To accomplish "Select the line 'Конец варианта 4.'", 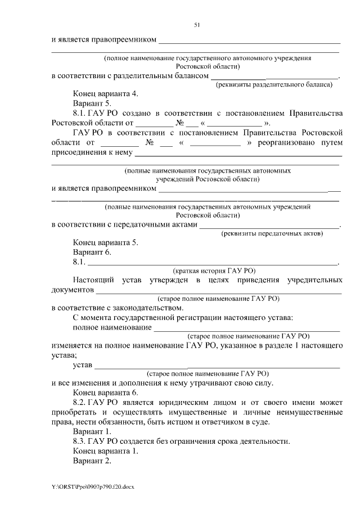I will (x=105, y=94).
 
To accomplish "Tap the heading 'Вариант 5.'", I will (x=92, y=103).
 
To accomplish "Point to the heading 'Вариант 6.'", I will (x=92, y=252).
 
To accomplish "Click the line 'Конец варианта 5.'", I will (x=105, y=242).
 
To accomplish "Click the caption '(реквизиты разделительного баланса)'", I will (x=275, y=84).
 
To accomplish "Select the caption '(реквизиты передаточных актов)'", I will (x=272, y=233).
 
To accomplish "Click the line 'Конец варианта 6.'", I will (x=105, y=393).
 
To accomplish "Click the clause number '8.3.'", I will (x=79, y=441).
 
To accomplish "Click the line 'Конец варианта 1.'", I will (x=105, y=451).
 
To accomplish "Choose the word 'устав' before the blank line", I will (x=83, y=365).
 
